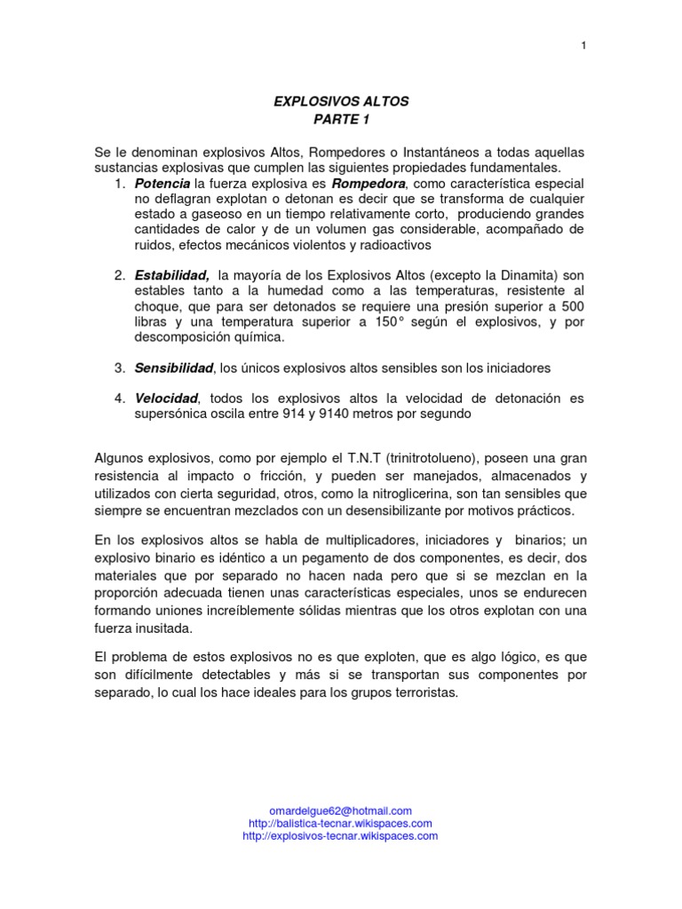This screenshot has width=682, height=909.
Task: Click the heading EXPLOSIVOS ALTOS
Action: pos(340,103)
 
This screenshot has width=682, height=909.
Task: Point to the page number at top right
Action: pos(584,47)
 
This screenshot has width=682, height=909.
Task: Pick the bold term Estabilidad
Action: pos(172,275)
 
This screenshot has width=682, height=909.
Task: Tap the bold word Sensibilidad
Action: pos(175,367)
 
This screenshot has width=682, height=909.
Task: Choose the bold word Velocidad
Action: pos(167,398)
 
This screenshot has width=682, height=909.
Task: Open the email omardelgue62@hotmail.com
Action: pos(340,810)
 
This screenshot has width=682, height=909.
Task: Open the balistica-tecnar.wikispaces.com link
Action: pos(340,823)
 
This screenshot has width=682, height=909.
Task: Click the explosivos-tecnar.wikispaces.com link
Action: pos(340,835)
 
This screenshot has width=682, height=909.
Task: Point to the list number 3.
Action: pos(119,368)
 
